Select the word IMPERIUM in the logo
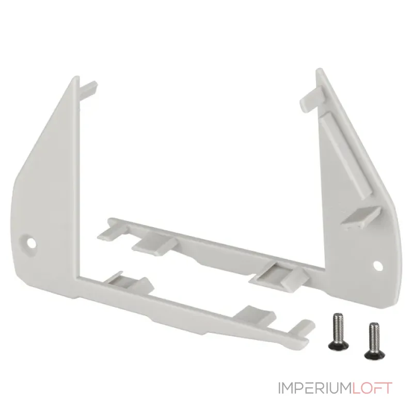pos(315,388)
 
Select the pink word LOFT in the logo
pos(372,388)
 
